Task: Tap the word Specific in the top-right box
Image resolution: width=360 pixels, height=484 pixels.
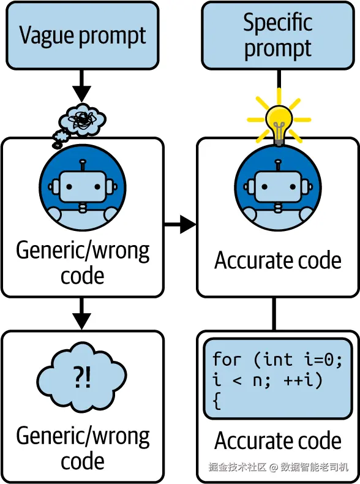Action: click(277, 22)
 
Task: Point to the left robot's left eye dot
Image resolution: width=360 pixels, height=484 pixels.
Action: click(69, 187)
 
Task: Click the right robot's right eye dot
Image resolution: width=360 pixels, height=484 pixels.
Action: click(293, 187)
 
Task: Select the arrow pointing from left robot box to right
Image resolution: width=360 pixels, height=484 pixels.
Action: click(180, 224)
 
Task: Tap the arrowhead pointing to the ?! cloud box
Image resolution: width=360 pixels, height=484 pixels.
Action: click(81, 321)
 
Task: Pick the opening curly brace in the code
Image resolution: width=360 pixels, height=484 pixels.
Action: click(217, 401)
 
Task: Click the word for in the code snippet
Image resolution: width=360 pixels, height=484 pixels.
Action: click(227, 360)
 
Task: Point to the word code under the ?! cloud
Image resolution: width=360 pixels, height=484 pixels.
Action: click(83, 461)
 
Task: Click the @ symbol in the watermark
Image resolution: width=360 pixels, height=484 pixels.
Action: click(274, 467)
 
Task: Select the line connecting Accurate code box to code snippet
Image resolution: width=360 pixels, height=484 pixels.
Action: click(274, 314)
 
